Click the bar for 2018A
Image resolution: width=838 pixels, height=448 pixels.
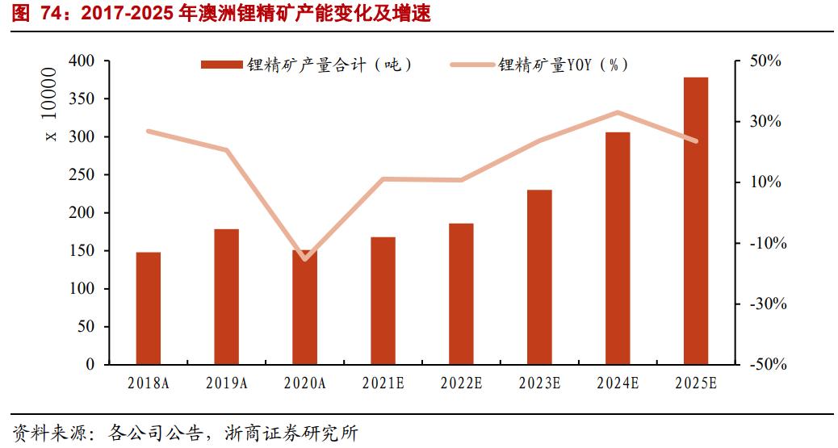148,308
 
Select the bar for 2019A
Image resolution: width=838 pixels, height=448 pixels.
226,297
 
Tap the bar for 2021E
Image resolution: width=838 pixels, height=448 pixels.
383,300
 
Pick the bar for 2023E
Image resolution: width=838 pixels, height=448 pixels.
539,277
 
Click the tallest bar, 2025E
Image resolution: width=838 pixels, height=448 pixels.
696,221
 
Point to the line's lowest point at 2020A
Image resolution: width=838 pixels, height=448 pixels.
304,259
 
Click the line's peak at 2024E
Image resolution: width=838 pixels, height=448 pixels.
618,112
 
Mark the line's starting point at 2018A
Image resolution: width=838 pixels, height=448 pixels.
148,131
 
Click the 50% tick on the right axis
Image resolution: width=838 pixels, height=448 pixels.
765,61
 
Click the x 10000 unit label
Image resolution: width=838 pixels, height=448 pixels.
51,104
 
